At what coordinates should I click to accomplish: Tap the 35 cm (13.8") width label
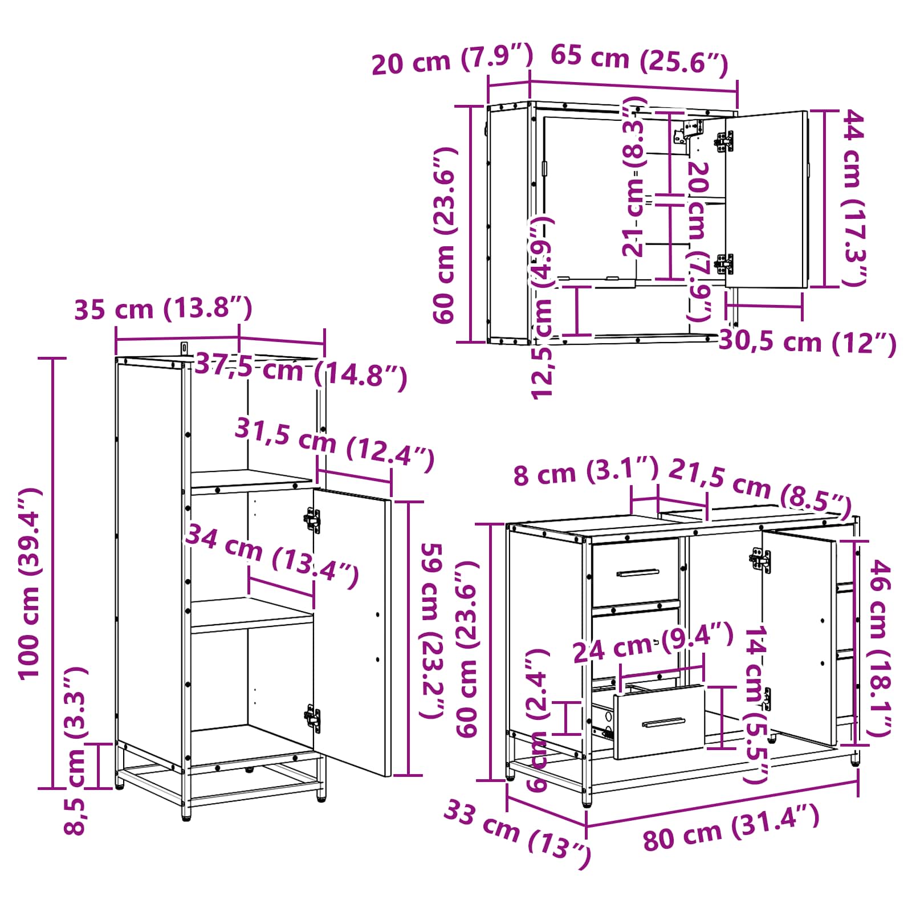[163, 309]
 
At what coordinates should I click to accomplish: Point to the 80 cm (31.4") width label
[731, 828]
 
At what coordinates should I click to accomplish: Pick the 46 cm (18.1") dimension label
[878, 649]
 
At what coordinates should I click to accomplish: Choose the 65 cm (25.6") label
[640, 60]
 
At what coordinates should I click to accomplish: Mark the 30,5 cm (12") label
[808, 342]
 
